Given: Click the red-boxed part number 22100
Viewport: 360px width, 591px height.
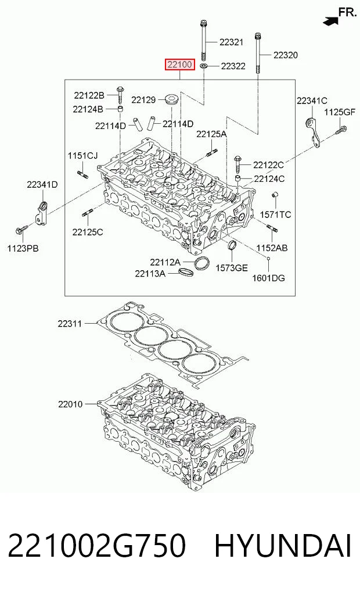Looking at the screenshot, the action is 179,65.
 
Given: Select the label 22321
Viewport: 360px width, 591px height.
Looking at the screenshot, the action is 231,42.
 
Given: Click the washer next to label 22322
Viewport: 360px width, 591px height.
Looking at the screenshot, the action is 204,67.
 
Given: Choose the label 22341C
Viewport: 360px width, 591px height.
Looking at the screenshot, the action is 312,101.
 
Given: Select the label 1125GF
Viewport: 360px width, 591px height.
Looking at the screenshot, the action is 340,112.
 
